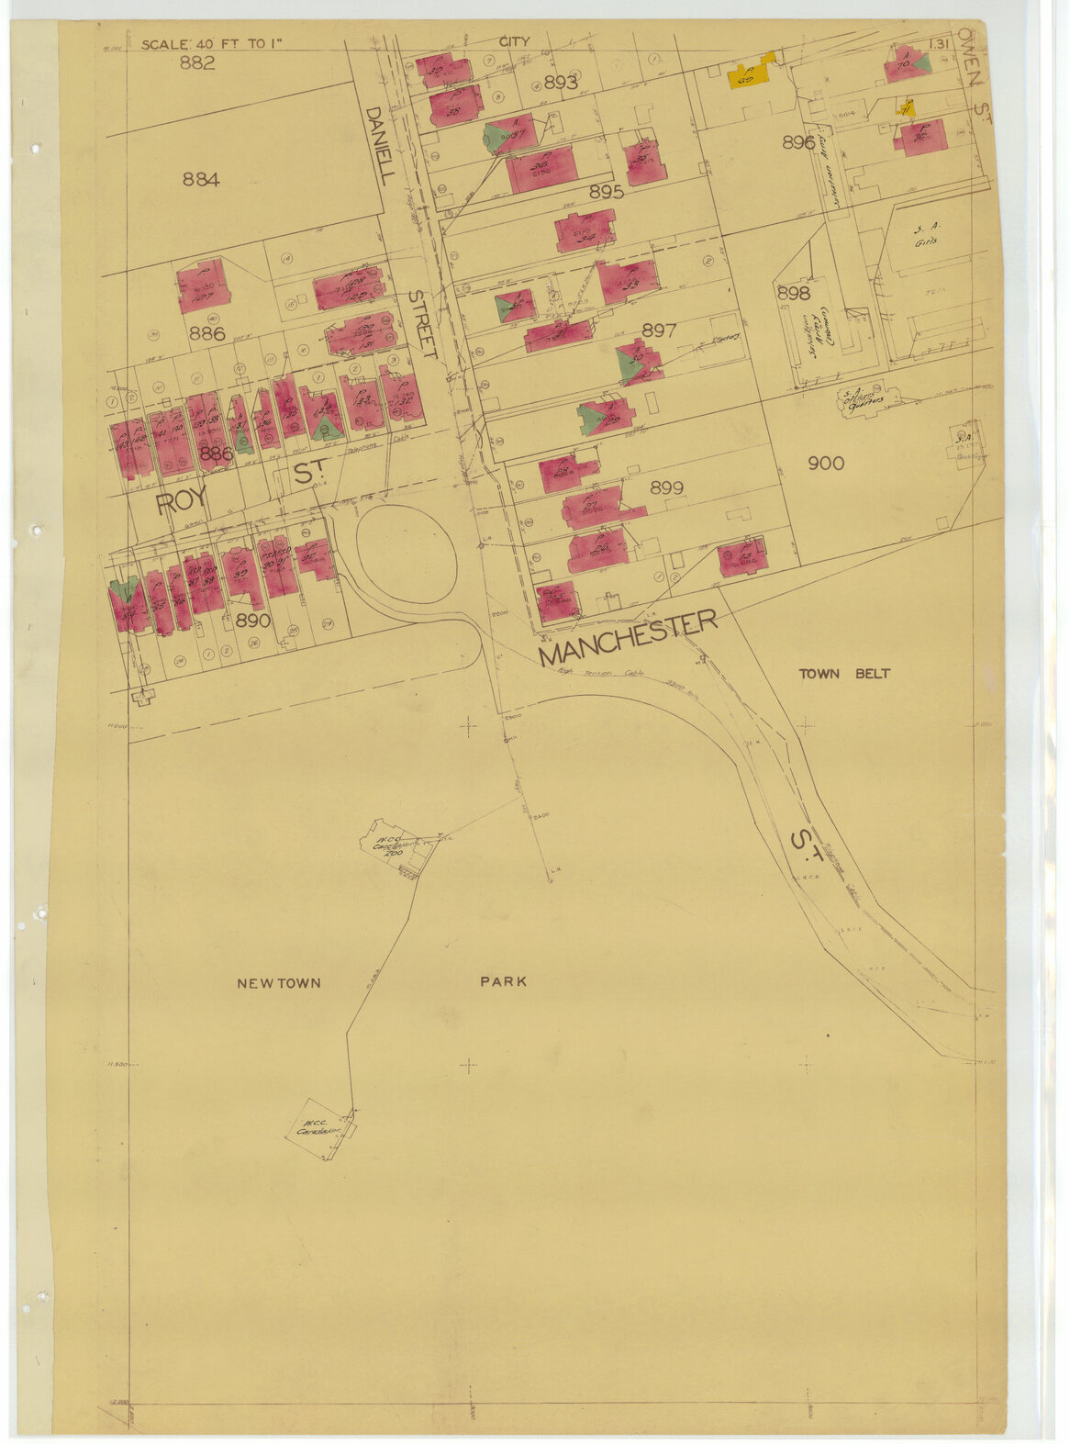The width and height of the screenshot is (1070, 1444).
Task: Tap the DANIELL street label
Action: [376, 145]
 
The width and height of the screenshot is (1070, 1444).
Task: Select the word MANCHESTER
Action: [628, 639]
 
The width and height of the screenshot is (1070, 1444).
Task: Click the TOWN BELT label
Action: [843, 673]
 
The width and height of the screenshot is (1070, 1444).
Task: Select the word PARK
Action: [503, 981]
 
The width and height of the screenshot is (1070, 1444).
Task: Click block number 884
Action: [201, 180]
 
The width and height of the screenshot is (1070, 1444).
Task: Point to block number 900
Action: [826, 464]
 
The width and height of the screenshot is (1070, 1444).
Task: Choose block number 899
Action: [666, 487]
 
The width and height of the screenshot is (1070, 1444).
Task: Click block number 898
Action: [794, 293]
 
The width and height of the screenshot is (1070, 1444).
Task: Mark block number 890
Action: [252, 620]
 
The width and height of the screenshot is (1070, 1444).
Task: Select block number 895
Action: [607, 191]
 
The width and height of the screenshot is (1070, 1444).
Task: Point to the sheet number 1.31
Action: [939, 44]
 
